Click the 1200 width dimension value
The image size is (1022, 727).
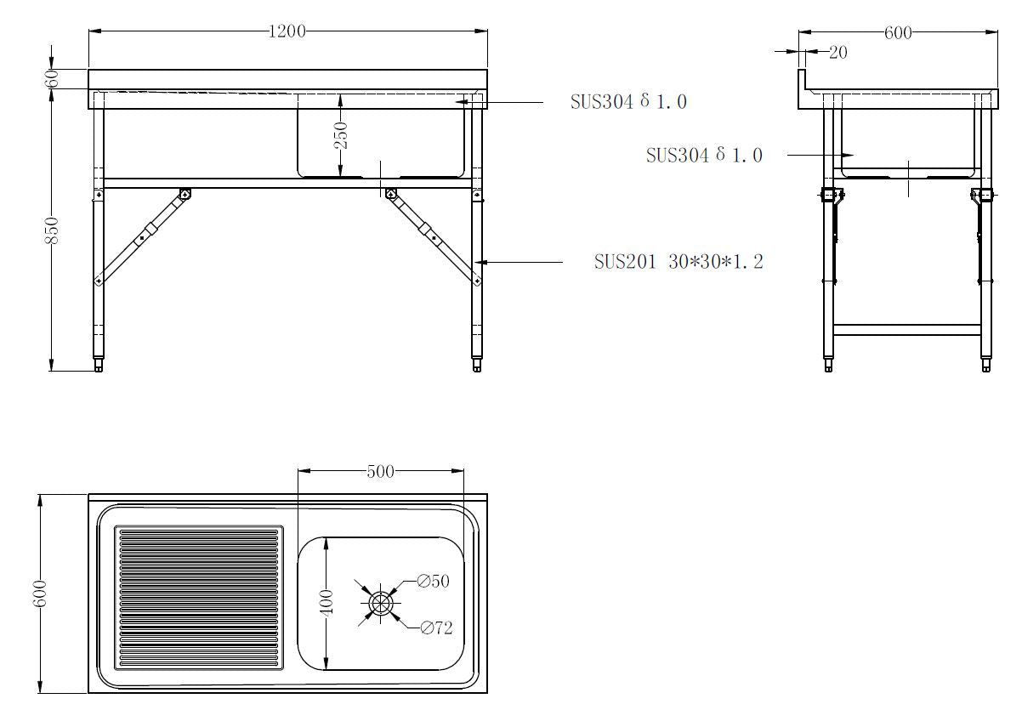[287, 31]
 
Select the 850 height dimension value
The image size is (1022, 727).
[52, 230]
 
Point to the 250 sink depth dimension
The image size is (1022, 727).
[340, 135]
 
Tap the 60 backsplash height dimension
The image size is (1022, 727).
[52, 78]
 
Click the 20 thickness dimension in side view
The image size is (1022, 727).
[837, 53]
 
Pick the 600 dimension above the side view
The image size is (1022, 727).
[898, 32]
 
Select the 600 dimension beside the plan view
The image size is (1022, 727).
[40, 593]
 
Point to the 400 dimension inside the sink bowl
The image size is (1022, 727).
[326, 602]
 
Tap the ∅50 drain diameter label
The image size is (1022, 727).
[433, 582]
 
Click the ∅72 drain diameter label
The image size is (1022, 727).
[436, 628]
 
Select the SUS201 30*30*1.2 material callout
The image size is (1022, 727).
[678, 262]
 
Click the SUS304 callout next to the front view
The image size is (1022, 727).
[627, 102]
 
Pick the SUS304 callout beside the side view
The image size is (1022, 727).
[703, 156]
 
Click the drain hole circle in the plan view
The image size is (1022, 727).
[380, 603]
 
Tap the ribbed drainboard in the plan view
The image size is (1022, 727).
[198, 597]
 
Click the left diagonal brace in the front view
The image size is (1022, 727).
[142, 237]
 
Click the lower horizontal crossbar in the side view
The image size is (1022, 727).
[906, 329]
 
